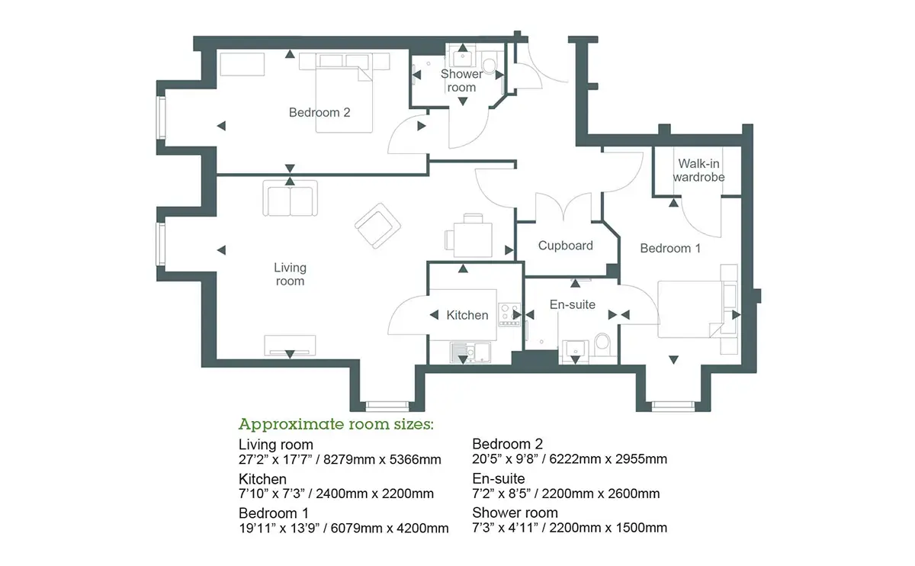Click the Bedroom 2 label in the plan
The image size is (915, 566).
point(319,112)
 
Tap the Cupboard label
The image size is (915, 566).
point(565,246)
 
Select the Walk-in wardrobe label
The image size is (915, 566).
point(699,170)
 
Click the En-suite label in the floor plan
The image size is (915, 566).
point(573,304)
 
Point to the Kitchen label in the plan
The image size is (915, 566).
point(467,315)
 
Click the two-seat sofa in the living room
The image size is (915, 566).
point(290,198)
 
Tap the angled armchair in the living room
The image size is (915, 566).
point(377,226)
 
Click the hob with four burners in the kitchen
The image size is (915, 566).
point(509,315)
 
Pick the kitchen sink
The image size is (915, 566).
point(470,352)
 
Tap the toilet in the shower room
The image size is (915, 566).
point(489,64)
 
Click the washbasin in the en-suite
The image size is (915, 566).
point(575,351)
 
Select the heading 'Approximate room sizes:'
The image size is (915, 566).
point(335,425)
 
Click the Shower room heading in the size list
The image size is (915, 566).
point(515,513)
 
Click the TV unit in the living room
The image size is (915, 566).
point(290,346)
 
